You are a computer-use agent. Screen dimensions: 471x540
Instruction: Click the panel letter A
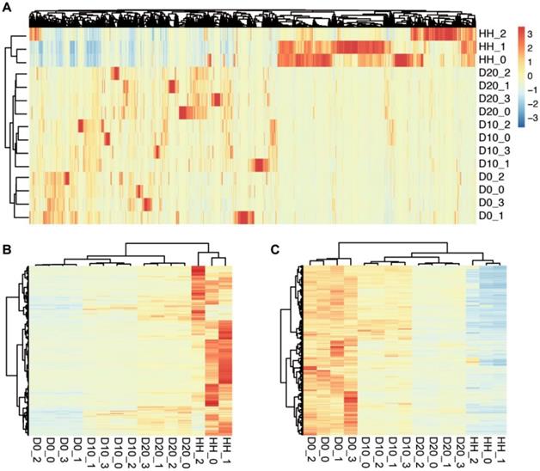click(x=7, y=7)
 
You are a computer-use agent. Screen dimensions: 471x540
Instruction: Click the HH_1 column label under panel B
click(x=226, y=448)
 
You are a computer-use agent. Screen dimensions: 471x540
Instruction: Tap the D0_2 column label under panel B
click(x=35, y=448)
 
